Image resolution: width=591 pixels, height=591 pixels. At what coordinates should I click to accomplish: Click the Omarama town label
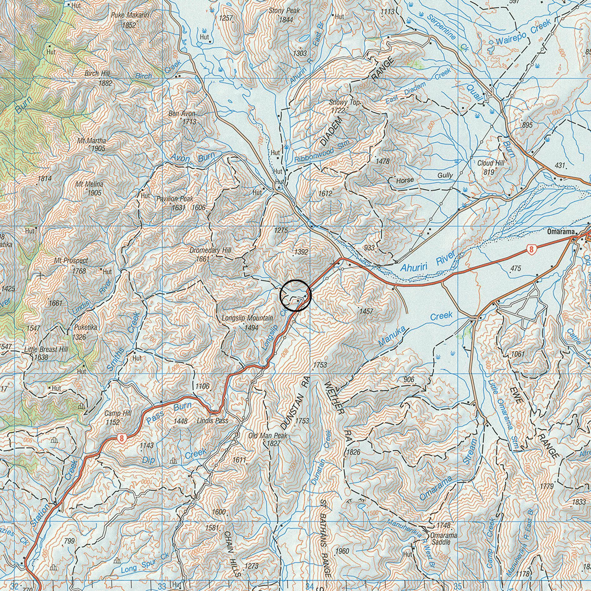coord(561,232)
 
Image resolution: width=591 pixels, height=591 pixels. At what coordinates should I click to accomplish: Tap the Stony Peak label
coord(284,11)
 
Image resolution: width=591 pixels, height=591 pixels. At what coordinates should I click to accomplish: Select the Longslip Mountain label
coord(247,318)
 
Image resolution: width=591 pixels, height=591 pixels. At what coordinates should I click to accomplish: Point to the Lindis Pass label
coord(212,421)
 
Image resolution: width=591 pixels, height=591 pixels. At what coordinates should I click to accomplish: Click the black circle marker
coord(295,295)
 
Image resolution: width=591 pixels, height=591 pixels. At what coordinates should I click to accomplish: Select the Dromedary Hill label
coord(210,250)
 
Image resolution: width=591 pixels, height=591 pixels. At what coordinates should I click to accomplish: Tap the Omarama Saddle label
coord(443,538)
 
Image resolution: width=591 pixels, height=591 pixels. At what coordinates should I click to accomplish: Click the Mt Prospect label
coord(71,260)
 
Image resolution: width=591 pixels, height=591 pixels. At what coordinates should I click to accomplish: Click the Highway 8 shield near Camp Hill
coord(121,438)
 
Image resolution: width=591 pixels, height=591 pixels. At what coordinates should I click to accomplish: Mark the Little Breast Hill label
coord(46,350)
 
